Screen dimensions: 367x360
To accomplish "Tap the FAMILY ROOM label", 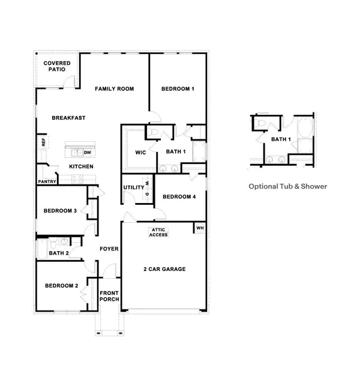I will coord(114,89).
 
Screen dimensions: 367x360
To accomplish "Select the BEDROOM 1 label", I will coord(178,89).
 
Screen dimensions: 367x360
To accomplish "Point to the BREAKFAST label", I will coord(68,118).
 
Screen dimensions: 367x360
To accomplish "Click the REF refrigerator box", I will coord(43,142).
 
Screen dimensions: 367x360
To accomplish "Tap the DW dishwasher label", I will coord(87,153).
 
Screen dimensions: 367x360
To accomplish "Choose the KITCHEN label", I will coord(81,166).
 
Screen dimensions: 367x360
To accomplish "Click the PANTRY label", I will coord(47,181).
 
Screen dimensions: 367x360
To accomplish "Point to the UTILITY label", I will coord(133,187).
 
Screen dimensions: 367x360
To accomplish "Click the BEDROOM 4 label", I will coord(178,196).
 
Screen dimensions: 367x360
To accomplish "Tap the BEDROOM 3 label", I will coord(59,210).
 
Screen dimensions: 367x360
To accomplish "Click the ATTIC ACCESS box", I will coord(158,232).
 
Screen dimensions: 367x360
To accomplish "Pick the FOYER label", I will coord(109,249).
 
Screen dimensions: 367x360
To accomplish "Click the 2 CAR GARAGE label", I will coord(164,269).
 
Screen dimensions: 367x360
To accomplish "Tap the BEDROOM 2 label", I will coord(61,285).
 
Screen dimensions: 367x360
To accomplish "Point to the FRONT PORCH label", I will coord(109,296).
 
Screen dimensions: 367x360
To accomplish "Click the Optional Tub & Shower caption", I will coord(288,187).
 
